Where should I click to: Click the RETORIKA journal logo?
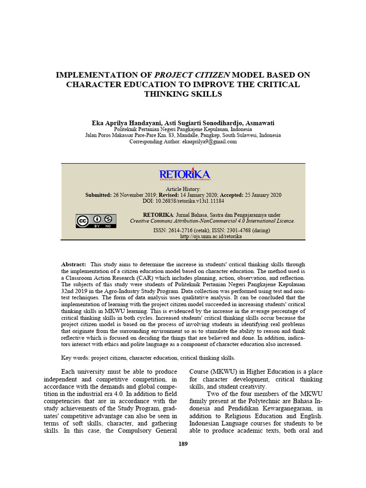tap(185, 174)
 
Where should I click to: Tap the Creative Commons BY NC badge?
tap(96, 221)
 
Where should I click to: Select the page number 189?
tap(183, 444)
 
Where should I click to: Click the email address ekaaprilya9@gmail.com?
tap(209, 142)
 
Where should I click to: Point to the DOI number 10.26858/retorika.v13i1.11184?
tap(190, 201)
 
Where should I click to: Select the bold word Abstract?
tap(74, 264)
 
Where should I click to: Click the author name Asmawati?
tap(260, 122)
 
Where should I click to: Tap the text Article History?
tap(183, 189)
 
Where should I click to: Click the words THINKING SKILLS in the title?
tap(183, 94)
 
